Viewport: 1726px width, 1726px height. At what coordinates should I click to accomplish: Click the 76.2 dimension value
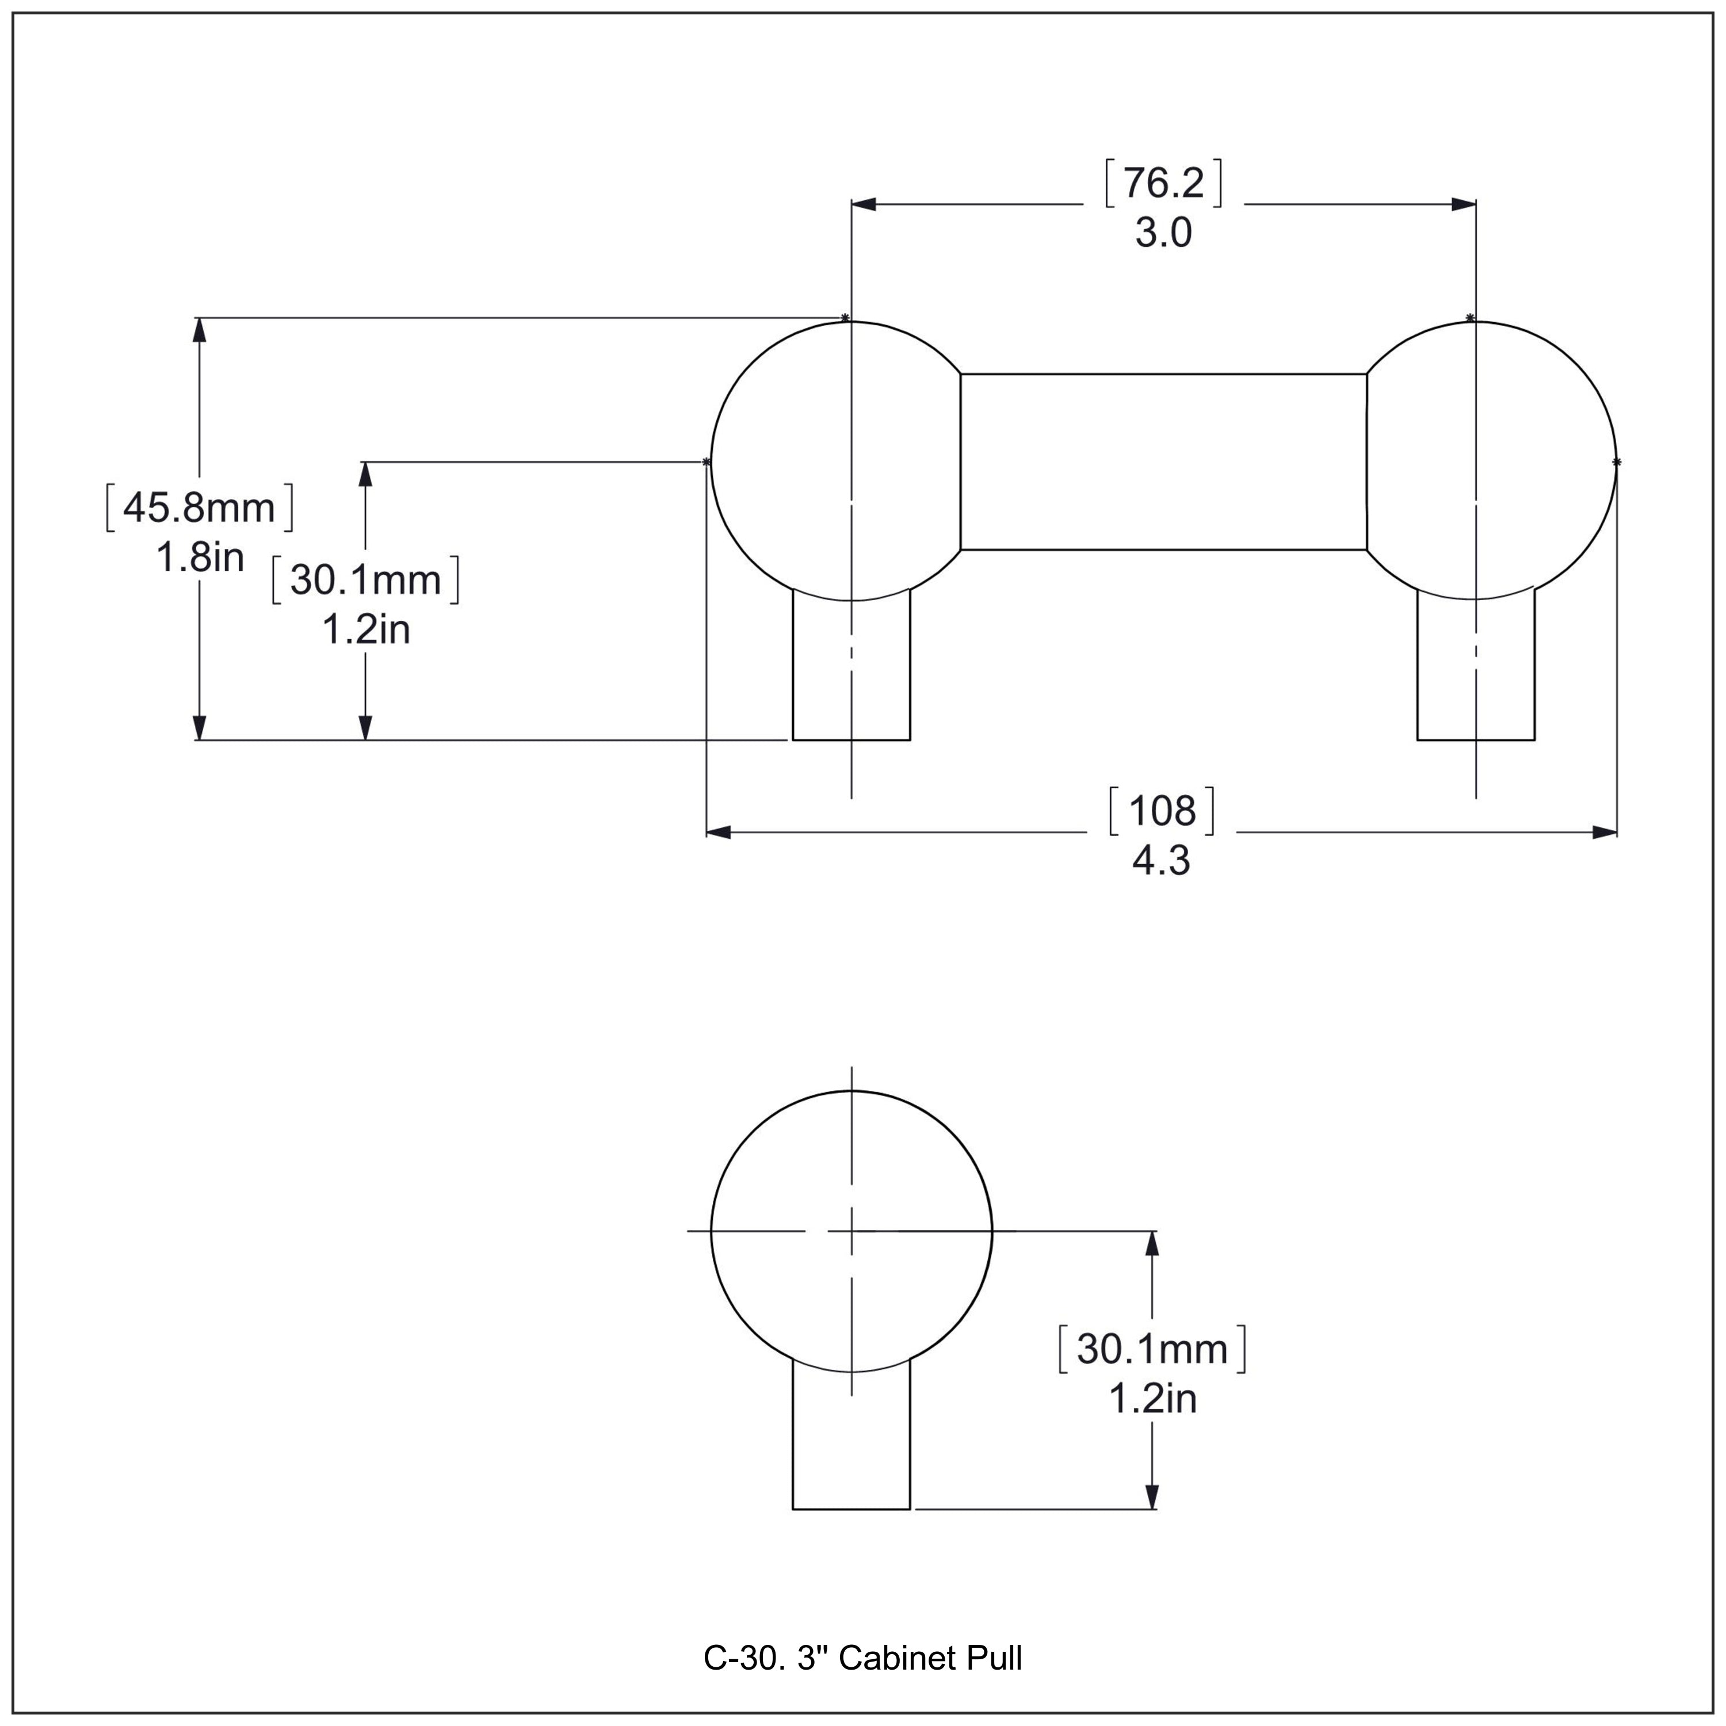tap(1163, 183)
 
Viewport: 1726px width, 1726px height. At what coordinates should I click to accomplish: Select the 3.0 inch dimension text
tap(1163, 234)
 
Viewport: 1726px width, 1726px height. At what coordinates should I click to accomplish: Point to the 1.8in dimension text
tap(199, 558)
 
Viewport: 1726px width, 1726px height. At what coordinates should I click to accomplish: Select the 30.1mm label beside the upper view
tap(365, 581)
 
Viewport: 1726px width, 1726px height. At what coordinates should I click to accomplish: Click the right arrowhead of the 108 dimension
tap(1605, 833)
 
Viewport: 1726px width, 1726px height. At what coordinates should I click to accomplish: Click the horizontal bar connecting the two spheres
tap(1163, 461)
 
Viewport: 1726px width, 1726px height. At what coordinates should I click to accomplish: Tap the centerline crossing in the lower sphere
tap(851, 1231)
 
